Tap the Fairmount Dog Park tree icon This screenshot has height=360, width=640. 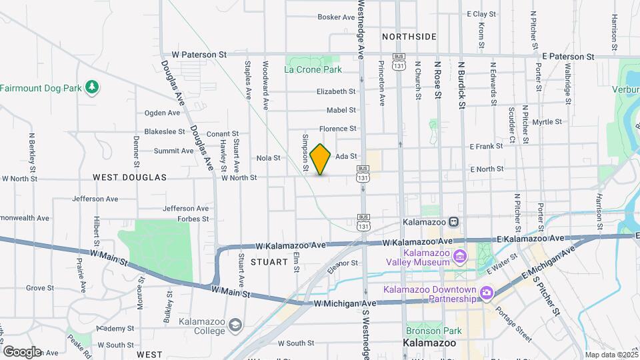tap(92, 87)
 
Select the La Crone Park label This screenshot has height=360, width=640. tap(313, 69)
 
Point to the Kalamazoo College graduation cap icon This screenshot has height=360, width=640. tap(234, 325)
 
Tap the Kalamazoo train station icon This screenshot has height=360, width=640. tap(453, 222)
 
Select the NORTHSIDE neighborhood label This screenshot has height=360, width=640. tap(409, 37)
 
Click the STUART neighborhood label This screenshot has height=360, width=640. tap(268, 262)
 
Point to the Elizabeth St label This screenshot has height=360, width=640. tap(336, 91)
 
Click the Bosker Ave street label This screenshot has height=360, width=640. tap(336, 17)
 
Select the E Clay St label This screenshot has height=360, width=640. tap(481, 14)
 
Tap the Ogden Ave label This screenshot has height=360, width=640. tap(159, 113)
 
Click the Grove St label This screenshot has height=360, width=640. tap(40, 288)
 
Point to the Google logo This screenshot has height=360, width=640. tap(21, 352)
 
